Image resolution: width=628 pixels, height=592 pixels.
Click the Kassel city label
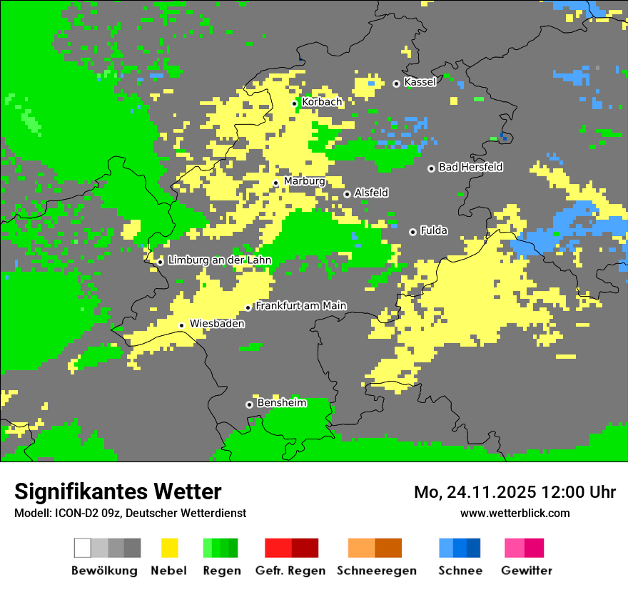(420, 83)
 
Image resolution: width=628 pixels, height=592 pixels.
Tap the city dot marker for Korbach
(294, 103)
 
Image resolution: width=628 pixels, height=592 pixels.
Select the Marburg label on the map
(304, 181)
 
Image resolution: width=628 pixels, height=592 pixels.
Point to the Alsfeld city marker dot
(347, 194)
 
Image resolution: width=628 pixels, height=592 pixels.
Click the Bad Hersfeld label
(470, 167)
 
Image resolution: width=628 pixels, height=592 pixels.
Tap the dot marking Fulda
(412, 232)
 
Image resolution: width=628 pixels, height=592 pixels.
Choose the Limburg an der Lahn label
(219, 260)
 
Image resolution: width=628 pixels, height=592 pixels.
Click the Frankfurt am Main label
(300, 306)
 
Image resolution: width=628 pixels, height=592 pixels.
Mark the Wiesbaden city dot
(181, 325)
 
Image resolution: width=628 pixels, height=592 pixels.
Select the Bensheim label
(281, 403)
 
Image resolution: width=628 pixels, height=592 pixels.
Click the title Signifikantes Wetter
(118, 491)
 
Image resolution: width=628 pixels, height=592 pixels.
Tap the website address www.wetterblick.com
(515, 513)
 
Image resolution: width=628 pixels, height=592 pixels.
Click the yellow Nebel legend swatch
(169, 548)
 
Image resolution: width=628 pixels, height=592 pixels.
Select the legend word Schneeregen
(377, 571)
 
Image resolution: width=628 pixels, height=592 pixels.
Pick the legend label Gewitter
(527, 571)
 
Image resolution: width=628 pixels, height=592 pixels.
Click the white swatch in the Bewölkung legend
(83, 548)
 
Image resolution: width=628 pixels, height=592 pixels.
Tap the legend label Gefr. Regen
(290, 571)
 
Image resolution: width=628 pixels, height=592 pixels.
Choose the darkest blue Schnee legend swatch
(474, 548)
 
